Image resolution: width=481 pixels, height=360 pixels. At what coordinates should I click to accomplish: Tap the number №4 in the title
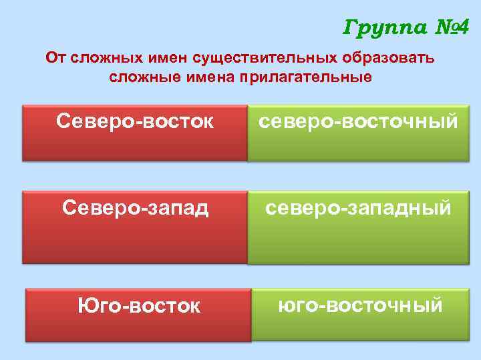(449, 28)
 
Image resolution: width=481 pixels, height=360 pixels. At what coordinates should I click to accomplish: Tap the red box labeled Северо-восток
(134, 133)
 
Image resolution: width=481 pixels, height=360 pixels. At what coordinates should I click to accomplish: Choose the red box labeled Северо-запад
(134, 227)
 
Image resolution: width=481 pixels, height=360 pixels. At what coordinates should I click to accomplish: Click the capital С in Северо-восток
(65, 121)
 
